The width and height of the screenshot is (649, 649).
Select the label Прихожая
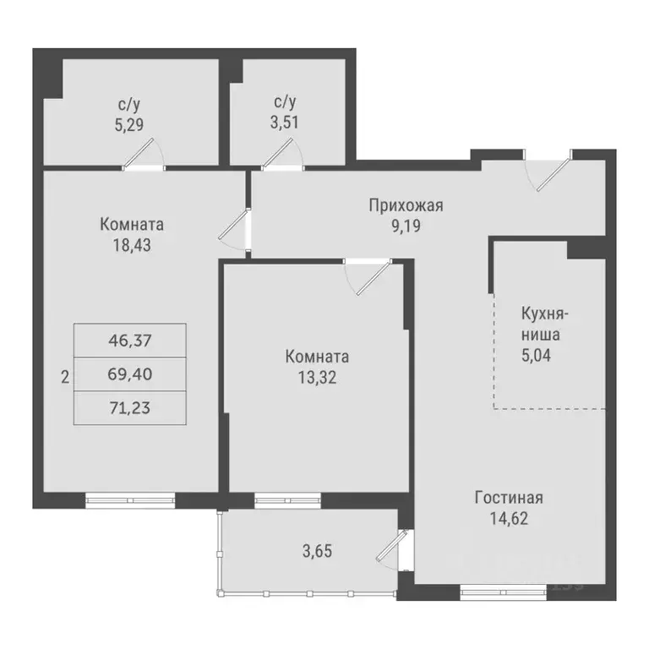coord(406,205)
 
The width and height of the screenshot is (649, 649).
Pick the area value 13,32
coord(317,377)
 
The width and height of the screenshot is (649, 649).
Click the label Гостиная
coord(508,497)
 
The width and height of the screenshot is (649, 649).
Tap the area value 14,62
coord(508,517)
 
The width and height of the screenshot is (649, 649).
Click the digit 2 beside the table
coord(65,377)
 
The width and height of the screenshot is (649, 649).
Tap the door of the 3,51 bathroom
coord(283,155)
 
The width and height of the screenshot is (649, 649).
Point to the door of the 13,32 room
coord(368,274)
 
